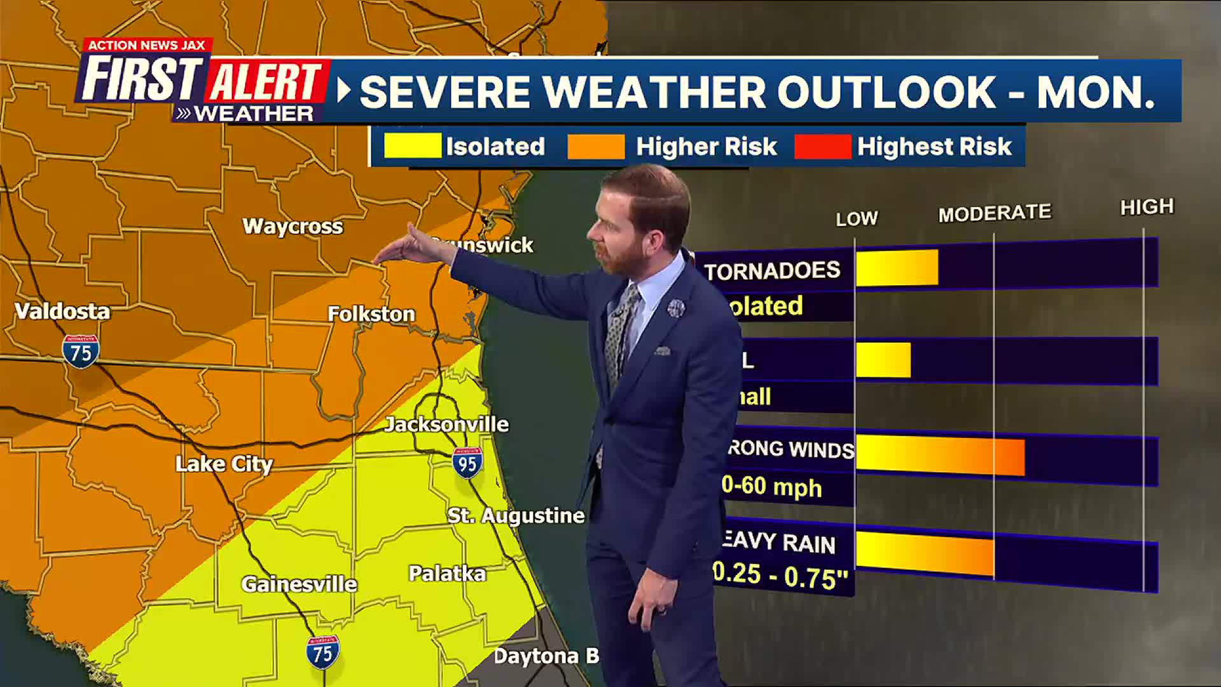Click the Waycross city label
pos(293,226)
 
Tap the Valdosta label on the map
pos(62,311)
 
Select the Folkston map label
pos(371,314)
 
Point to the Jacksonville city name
pos(446,424)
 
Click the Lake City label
pos(224,464)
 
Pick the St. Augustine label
pos(516,515)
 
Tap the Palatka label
pos(447,573)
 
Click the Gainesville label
pos(299,584)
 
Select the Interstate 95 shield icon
pos(467,463)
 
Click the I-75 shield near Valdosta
pos(81,351)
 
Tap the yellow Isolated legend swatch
pos(412,146)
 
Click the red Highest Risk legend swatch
pos(822,146)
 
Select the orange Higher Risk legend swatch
pos(596,146)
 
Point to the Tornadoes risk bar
pos(897,267)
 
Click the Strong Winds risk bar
pos(940,455)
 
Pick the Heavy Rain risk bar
pos(925,553)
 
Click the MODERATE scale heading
pos(995,213)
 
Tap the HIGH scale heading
pos(1147,207)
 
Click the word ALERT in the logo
pos(265,81)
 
